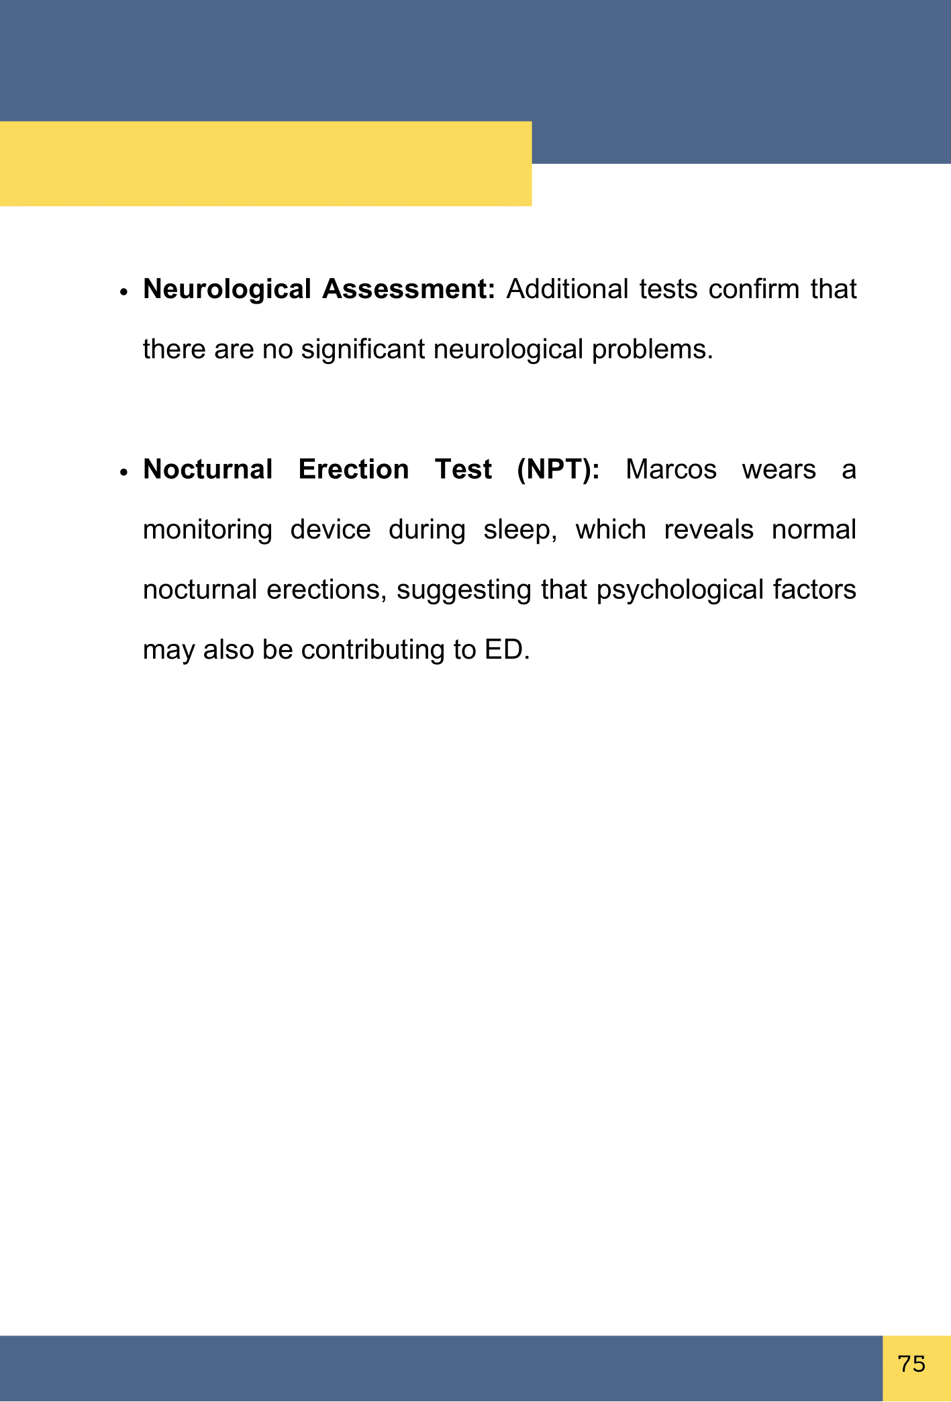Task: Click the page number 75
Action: click(911, 1364)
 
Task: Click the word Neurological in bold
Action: click(227, 289)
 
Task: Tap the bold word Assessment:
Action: click(408, 289)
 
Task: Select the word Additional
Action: click(567, 289)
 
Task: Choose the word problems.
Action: click(652, 350)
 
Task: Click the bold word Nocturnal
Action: click(208, 469)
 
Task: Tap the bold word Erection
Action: click(354, 469)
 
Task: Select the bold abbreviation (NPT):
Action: click(558, 469)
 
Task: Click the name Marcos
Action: click(671, 469)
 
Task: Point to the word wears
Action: click(779, 469)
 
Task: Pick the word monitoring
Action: click(208, 530)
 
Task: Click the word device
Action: click(330, 530)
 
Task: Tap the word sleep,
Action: click(521, 530)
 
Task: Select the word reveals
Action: click(709, 530)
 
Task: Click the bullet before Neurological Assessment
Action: click(123, 292)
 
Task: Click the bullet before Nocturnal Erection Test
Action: click(123, 472)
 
